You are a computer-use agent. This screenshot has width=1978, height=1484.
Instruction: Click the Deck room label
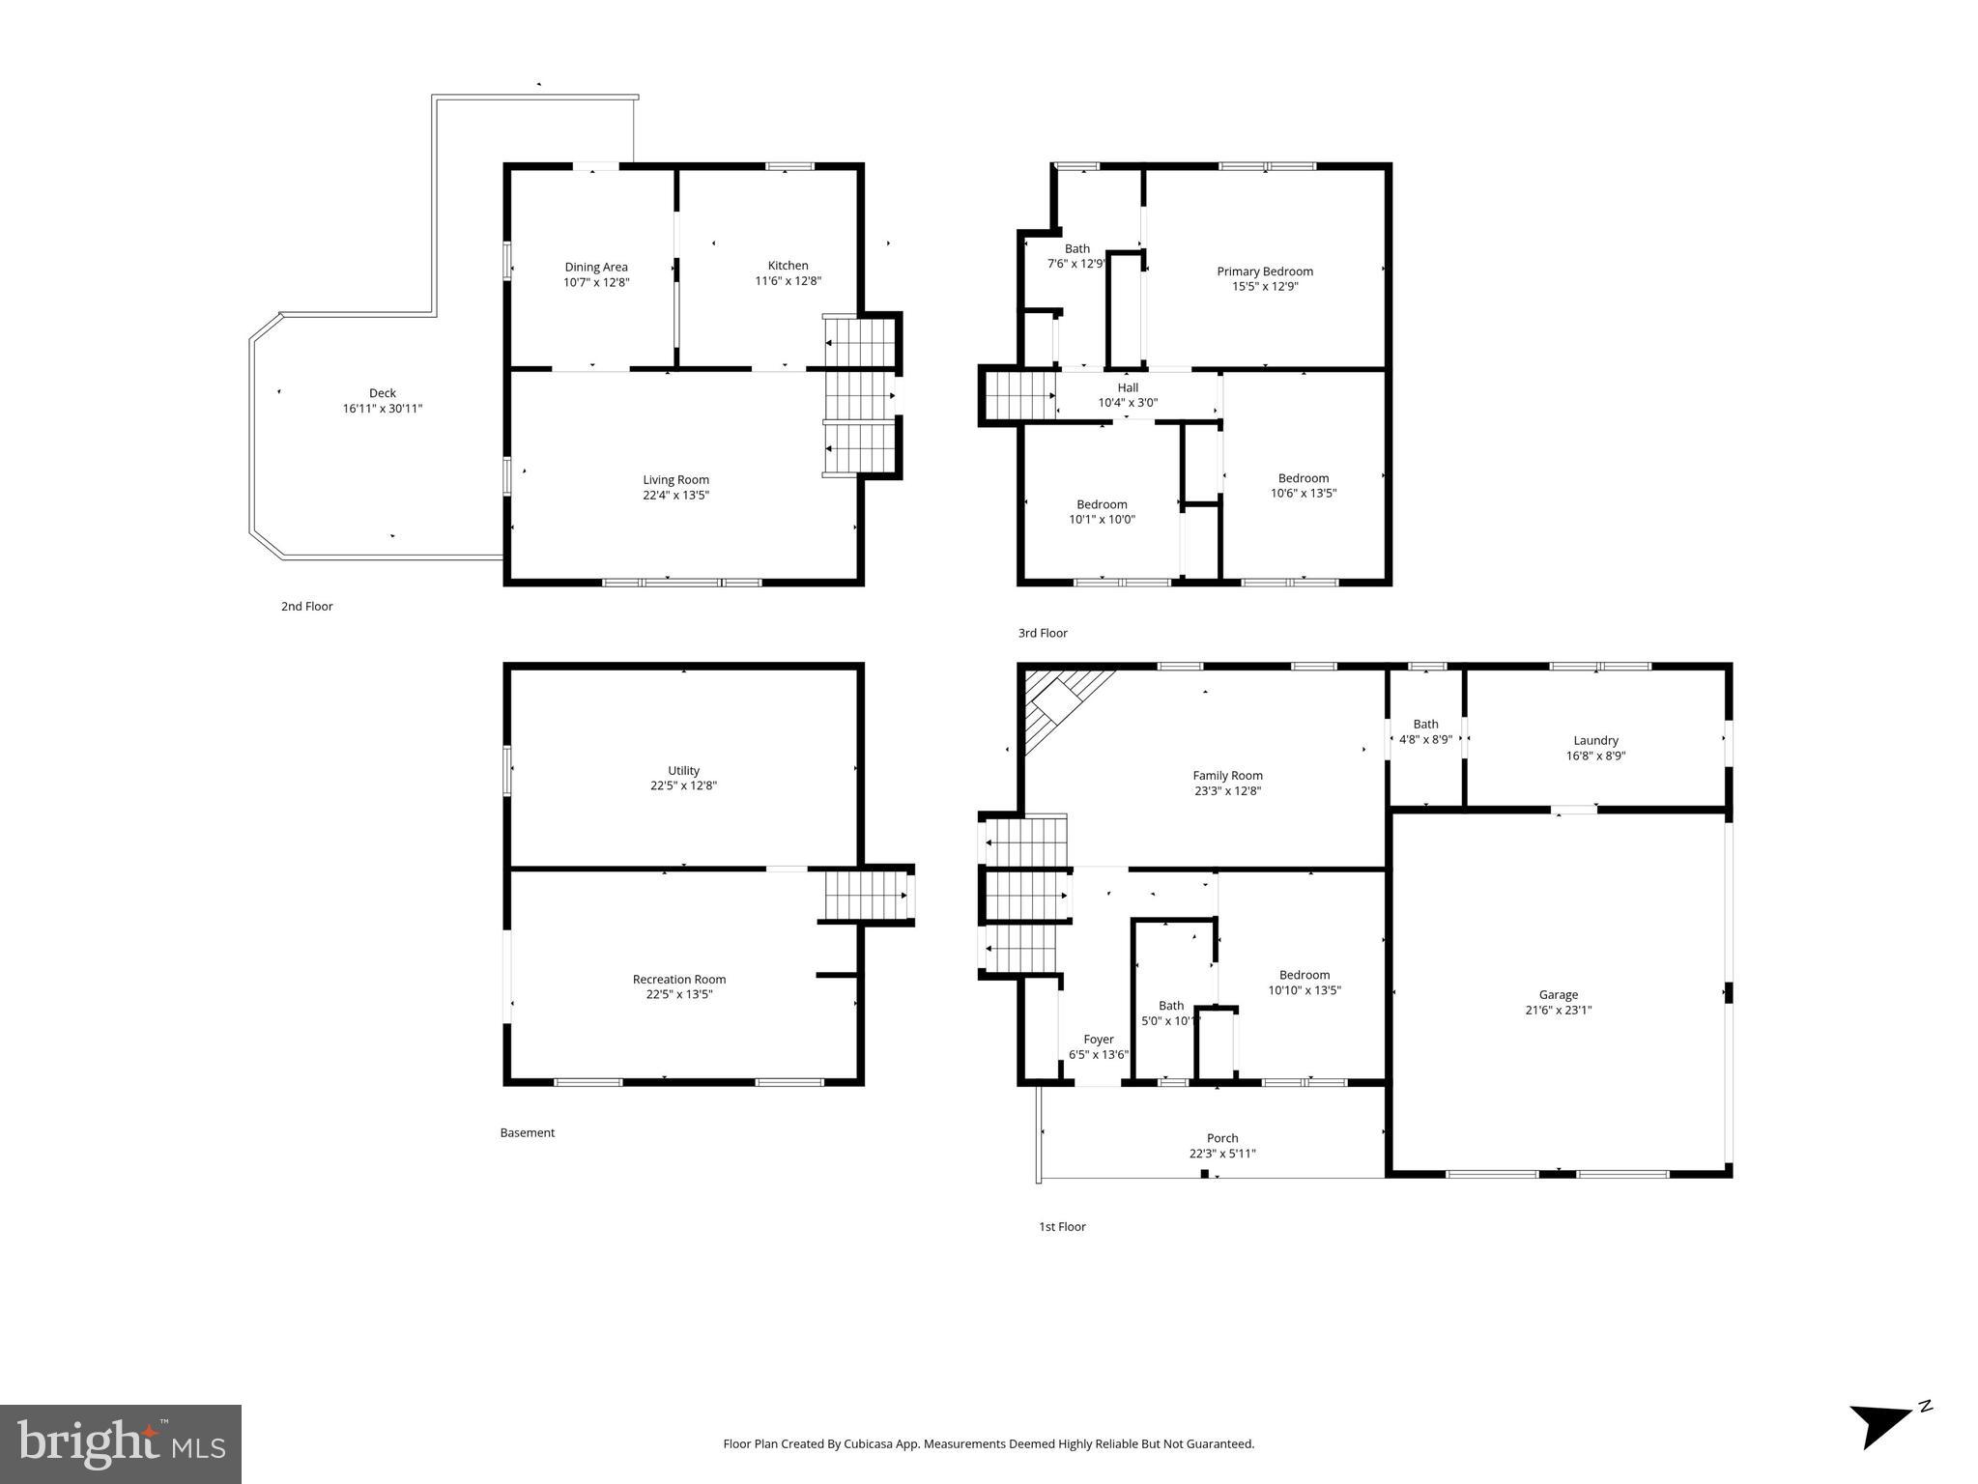pos(382,393)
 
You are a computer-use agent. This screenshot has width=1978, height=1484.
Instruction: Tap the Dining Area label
pos(596,268)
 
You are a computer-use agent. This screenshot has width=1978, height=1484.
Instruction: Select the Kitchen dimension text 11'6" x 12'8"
pos(788,281)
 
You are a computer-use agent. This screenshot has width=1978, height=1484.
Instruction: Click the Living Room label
pos(675,480)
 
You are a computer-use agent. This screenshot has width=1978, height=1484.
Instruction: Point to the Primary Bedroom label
pos(1264,271)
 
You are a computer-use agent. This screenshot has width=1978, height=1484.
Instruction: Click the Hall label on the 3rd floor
pos(1128,387)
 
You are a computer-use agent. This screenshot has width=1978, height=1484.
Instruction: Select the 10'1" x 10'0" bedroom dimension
pos(1102,520)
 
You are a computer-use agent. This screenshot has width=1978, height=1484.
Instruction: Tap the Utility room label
pos(683,771)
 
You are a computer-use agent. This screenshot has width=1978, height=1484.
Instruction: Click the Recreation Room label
pos(678,980)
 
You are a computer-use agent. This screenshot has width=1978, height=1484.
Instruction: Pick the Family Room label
pos(1227,776)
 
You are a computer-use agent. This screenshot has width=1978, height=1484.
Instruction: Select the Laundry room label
pos(1595,741)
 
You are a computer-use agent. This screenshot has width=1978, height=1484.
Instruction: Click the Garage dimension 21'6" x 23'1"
pos(1558,1011)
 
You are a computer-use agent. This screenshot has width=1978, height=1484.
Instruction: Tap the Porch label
pos(1222,1138)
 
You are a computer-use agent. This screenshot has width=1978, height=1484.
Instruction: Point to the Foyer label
pos(1099,1040)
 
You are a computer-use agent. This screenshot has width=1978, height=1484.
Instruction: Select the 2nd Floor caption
pos(306,607)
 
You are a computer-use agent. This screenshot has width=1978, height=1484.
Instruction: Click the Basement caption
pos(527,1133)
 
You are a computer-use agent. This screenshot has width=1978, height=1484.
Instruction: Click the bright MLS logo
pos(121,1444)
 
